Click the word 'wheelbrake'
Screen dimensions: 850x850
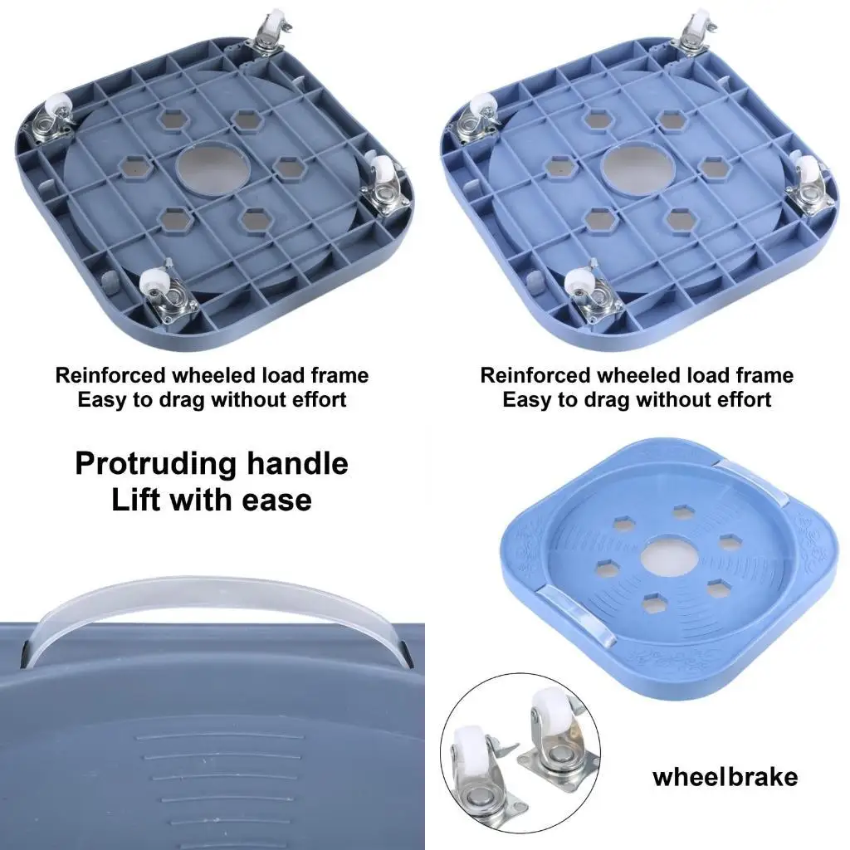[725, 777]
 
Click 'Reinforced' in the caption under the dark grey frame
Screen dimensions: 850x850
[111, 375]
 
